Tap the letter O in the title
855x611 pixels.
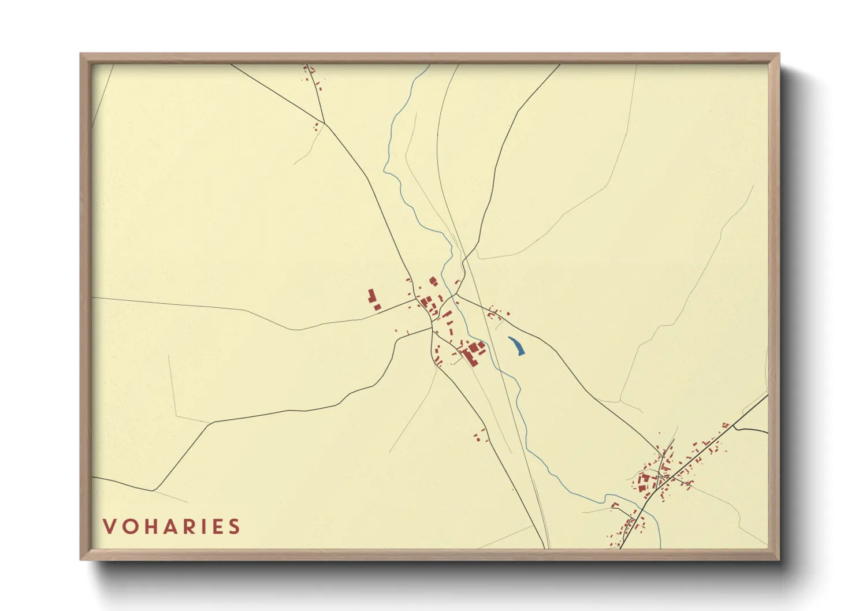[130, 527]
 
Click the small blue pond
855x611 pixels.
[516, 345]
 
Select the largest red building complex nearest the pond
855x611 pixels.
[473, 351]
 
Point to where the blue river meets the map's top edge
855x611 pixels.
[429, 65]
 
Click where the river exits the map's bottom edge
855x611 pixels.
[660, 547]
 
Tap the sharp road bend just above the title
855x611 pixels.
[153, 490]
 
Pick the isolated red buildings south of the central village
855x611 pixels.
[480, 435]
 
